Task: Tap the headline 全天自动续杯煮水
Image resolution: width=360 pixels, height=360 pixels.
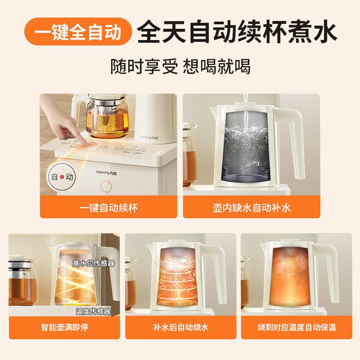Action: pos(237,32)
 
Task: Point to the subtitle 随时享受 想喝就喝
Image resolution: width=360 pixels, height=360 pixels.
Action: pos(180,67)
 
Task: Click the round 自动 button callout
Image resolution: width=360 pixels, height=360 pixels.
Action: pos(62,177)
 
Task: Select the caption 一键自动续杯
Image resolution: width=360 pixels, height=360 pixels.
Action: pos(108,207)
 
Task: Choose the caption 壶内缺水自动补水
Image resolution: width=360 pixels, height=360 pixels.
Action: pos(252,207)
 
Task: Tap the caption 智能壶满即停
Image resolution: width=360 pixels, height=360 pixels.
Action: pos(64,327)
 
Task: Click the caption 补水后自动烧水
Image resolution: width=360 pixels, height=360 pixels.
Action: pos(180,327)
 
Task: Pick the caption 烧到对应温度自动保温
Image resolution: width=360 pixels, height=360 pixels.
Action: pos(296,327)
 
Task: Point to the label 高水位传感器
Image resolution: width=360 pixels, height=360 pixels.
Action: pos(93,263)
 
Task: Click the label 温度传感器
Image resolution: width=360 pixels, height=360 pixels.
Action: pos(93,311)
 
